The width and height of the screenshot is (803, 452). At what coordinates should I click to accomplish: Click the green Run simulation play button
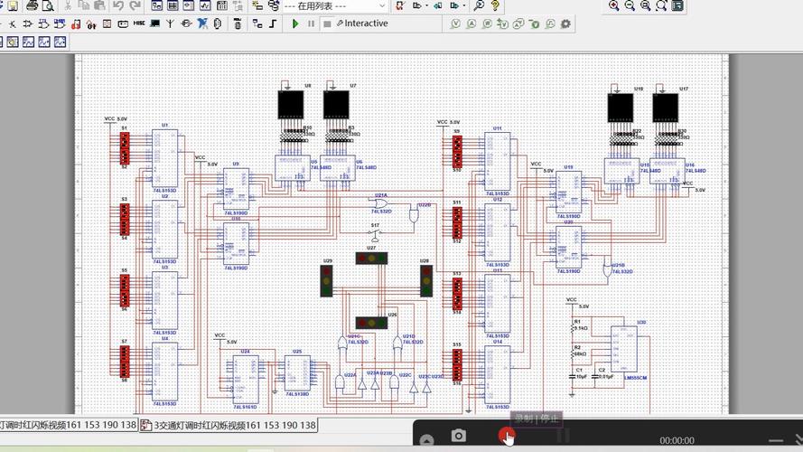pyautogui.click(x=295, y=24)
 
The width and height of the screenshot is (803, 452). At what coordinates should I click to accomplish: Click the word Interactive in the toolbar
pyautogui.click(x=366, y=24)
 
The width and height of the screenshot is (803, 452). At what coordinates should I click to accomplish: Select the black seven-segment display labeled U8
pyautogui.click(x=291, y=107)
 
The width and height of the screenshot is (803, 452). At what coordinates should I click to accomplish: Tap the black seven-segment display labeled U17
pyautogui.click(x=667, y=108)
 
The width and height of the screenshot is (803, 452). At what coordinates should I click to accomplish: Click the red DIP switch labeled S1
pyautogui.click(x=125, y=147)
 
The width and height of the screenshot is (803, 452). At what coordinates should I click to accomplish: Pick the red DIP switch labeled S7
pyautogui.click(x=125, y=360)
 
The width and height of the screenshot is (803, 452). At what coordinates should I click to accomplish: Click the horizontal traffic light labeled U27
pyautogui.click(x=370, y=259)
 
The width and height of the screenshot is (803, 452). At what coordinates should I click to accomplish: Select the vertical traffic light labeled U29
pyautogui.click(x=327, y=280)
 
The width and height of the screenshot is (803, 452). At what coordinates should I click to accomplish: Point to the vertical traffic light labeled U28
pyautogui.click(x=425, y=280)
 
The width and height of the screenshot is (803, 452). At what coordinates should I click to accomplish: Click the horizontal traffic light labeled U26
pyautogui.click(x=370, y=323)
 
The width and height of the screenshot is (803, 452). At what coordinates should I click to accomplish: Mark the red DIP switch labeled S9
pyautogui.click(x=457, y=150)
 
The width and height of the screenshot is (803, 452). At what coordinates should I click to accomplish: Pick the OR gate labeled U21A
pyautogui.click(x=383, y=202)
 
